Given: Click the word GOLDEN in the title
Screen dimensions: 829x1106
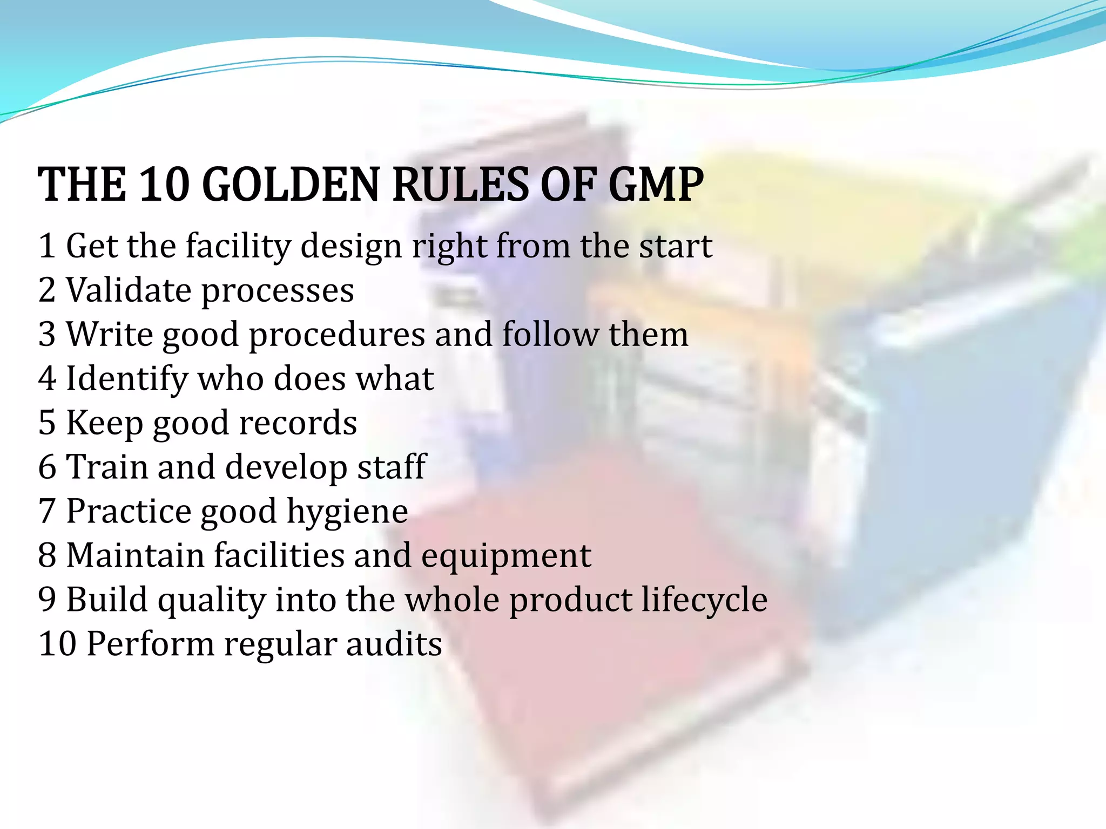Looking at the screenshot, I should click(x=291, y=185).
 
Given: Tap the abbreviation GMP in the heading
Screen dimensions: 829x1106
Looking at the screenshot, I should click(x=656, y=185).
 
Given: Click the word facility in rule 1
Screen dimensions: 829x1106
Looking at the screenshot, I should click(x=238, y=246).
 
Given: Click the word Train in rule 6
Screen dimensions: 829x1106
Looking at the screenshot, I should click(x=106, y=467).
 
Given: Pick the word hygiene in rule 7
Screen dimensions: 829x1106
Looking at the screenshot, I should click(x=347, y=512).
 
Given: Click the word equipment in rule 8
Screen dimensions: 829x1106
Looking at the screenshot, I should click(x=506, y=556).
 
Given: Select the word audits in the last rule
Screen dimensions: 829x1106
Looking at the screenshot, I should click(x=394, y=644).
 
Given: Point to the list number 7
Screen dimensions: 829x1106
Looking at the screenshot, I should click(x=47, y=511).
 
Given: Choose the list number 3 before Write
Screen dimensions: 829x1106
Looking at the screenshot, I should click(x=47, y=334).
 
